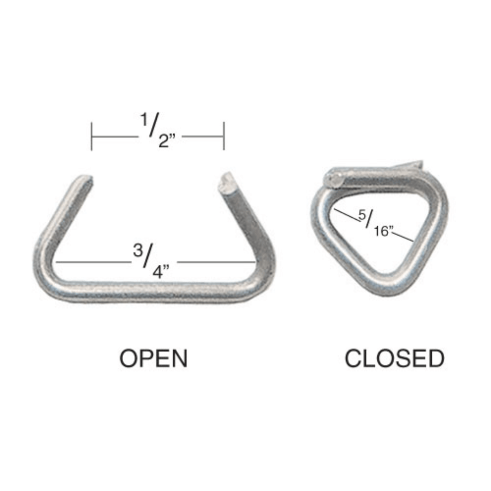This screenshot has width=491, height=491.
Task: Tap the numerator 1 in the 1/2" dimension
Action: coord(144,121)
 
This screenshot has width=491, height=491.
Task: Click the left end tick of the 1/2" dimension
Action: coord(92,136)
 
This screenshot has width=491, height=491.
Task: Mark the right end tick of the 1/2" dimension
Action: coord(224,136)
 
